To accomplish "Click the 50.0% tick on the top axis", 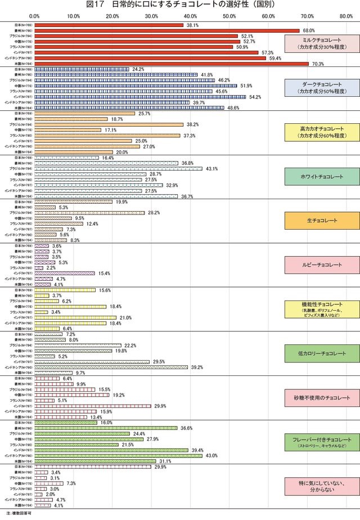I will click(229, 16).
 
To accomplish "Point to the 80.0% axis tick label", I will click(346, 16).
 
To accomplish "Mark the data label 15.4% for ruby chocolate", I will click(103, 273).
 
